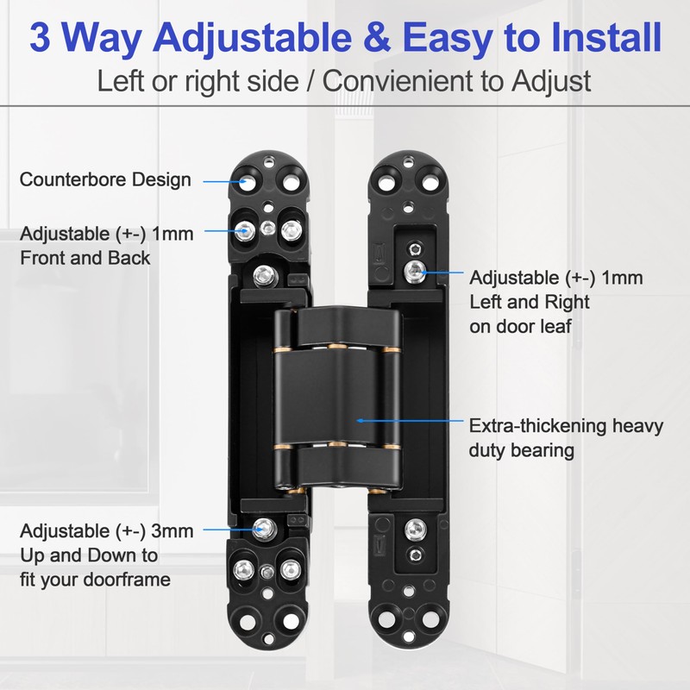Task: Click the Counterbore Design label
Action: pyautogui.click(x=104, y=180)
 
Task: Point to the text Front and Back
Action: pyautogui.click(x=85, y=257)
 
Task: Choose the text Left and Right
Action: pyautogui.click(x=530, y=302)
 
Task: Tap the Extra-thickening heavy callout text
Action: pyautogui.click(x=564, y=425)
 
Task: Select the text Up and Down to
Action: pyautogui.click(x=89, y=555)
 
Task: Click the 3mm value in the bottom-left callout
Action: pyautogui.click(x=174, y=530)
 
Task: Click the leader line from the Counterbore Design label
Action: pyautogui.click(x=223, y=181)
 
